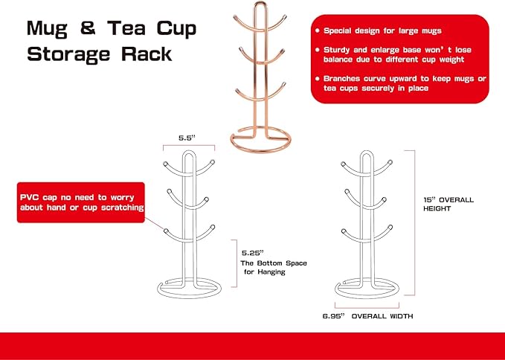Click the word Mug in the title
(x=47, y=29)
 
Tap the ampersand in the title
(x=88, y=28)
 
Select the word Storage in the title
(x=68, y=54)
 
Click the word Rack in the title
(x=147, y=53)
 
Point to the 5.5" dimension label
(x=187, y=138)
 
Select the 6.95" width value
(x=334, y=316)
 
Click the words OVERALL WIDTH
(x=382, y=316)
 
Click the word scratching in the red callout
(x=123, y=208)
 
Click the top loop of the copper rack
(x=260, y=3)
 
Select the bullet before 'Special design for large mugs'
(x=318, y=31)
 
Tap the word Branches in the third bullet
(x=342, y=79)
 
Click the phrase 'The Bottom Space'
(x=274, y=263)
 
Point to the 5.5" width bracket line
(x=189, y=146)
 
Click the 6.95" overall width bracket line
(x=367, y=308)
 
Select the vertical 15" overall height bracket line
(x=414, y=222)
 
